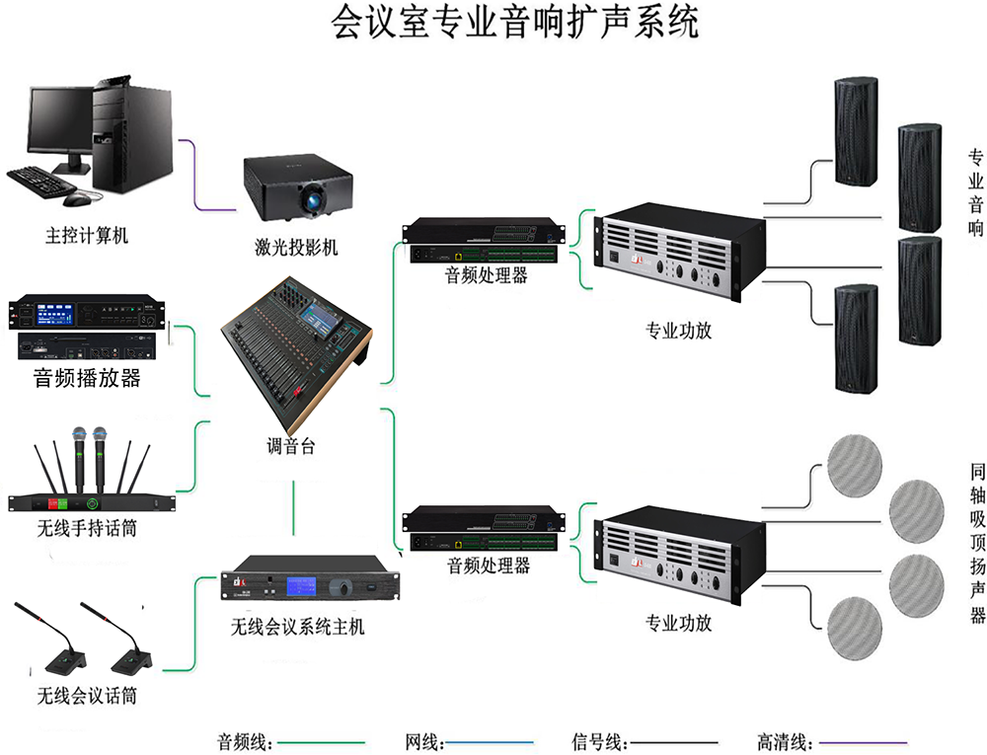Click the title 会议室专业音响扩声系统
pyautogui.click(x=514, y=22)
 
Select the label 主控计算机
pyautogui.click(x=87, y=236)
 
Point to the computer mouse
pyautogui.click(x=76, y=199)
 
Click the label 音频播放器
pyautogui.click(x=87, y=378)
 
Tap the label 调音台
pyautogui.click(x=290, y=446)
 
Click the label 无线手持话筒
pyautogui.click(x=87, y=529)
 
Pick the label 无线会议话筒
pyautogui.click(x=87, y=696)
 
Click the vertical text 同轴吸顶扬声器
pyautogui.click(x=976, y=542)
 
